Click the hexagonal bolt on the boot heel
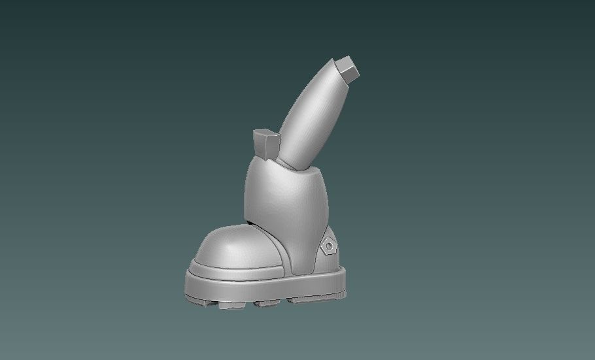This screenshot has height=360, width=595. tap(329, 246)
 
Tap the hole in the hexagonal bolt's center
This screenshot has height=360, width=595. tap(330, 246)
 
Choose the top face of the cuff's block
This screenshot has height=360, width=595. tap(264, 133)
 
